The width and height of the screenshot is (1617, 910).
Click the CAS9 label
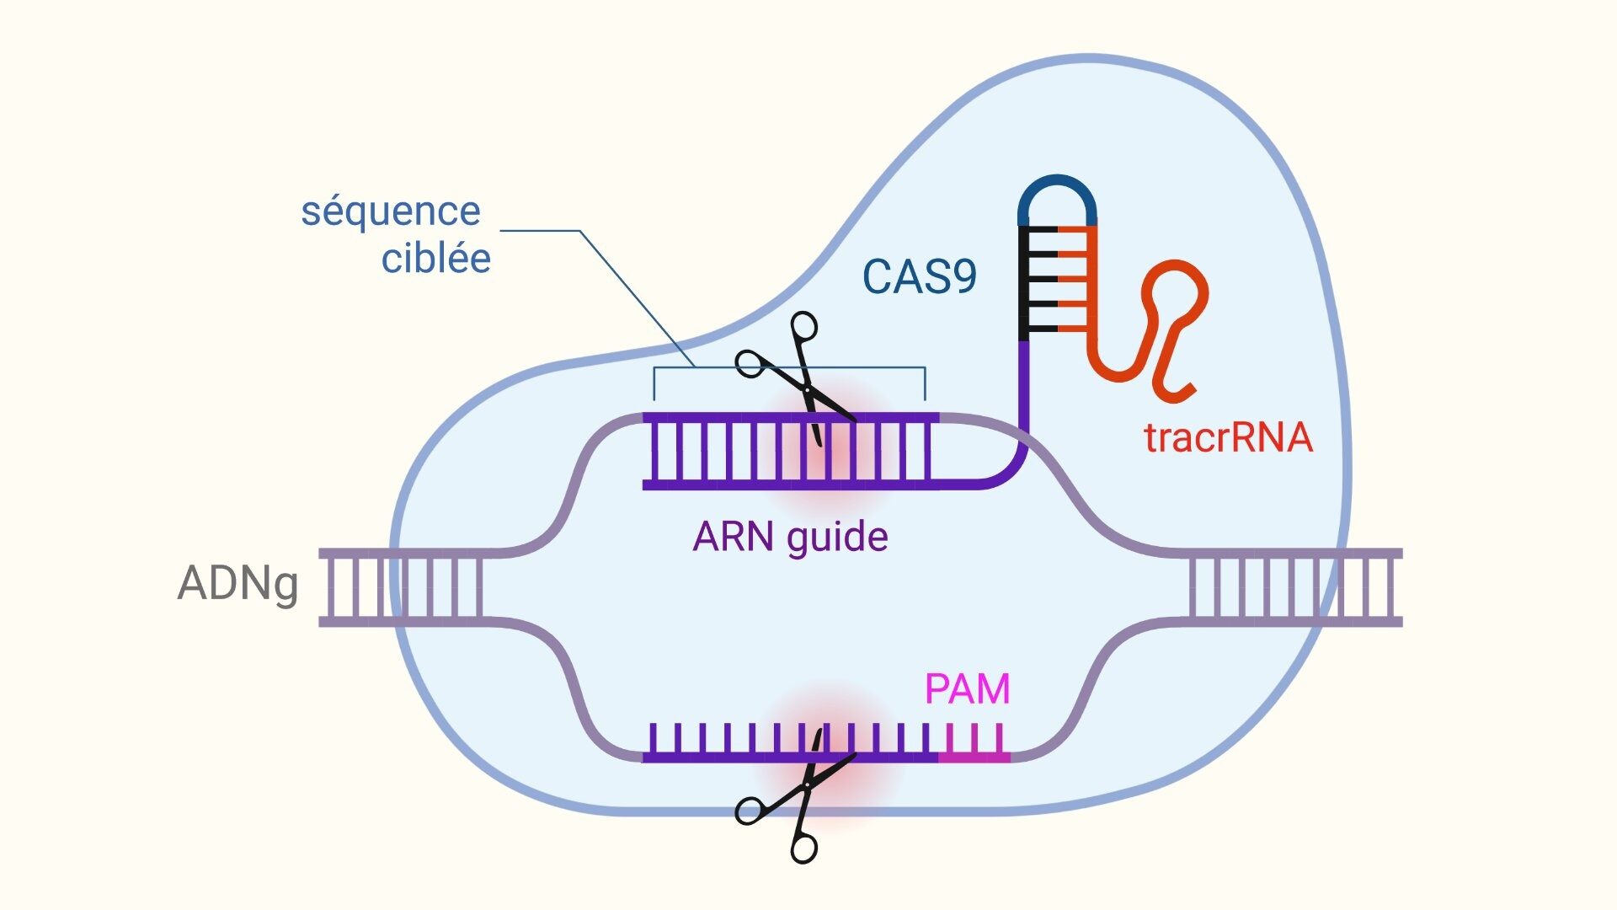coord(919,276)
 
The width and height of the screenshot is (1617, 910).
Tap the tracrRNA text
coord(1228,437)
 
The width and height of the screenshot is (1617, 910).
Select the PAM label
coord(967,689)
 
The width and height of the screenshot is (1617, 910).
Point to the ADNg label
coord(237,583)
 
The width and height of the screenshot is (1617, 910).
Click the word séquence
coord(391,211)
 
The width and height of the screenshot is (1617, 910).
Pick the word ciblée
coord(435,258)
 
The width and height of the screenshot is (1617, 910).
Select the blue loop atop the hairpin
coord(1057,190)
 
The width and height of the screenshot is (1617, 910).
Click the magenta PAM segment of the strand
coord(974,756)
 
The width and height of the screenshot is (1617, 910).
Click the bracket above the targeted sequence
coord(789,369)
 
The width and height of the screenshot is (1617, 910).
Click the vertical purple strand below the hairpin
coord(1024,388)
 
